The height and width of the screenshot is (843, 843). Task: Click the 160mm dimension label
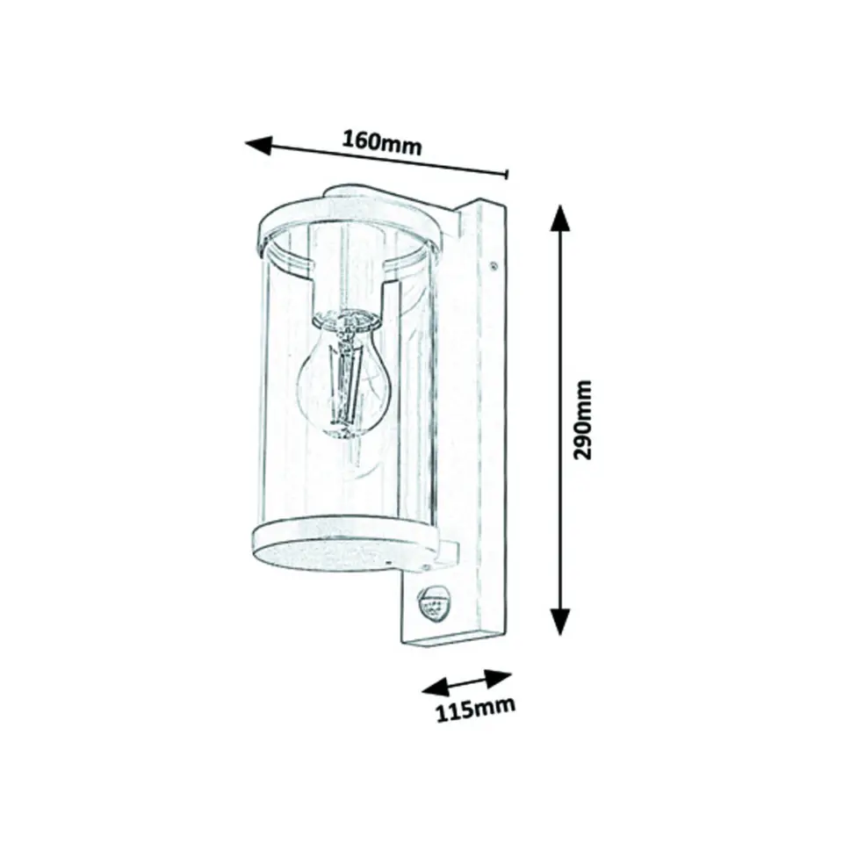tap(382, 143)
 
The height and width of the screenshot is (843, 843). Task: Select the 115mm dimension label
tap(475, 710)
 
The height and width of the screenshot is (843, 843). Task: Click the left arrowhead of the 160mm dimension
tap(258, 145)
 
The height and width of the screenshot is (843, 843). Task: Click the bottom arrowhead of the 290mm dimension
tap(561, 622)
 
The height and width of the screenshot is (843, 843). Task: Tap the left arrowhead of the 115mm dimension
tap(435, 688)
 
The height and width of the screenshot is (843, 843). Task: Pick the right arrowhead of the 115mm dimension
tap(498, 677)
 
